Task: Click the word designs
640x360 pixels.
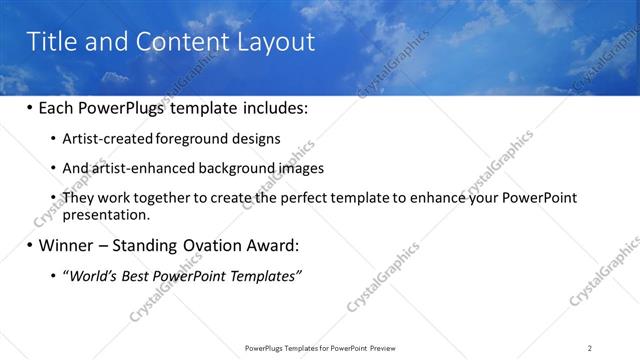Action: click(258, 139)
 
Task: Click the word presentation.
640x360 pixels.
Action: click(106, 214)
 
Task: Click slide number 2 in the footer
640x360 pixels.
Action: click(590, 347)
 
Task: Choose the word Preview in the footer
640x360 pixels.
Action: click(387, 347)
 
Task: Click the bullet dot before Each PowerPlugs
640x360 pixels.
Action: click(30, 108)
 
